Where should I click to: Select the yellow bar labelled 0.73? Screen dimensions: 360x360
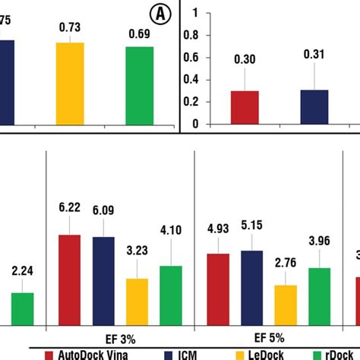[x=70, y=84]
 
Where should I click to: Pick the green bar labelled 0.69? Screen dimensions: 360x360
[x=140, y=86]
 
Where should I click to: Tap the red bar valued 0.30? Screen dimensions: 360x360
[x=245, y=107]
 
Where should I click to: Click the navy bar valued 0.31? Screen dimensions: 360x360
[x=314, y=107]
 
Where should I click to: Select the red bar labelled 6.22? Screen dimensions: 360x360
[x=70, y=280]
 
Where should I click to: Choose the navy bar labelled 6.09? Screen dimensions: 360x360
[x=103, y=281]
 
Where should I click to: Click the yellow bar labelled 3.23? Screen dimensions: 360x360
[x=137, y=302]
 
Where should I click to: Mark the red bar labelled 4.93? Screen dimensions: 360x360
[x=218, y=289]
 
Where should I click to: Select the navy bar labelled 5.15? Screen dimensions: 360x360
[x=252, y=288]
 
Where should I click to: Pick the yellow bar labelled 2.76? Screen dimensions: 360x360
[x=286, y=305]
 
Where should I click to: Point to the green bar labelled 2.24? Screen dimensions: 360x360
[x=22, y=308]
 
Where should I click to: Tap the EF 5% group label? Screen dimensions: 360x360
[x=270, y=335]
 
